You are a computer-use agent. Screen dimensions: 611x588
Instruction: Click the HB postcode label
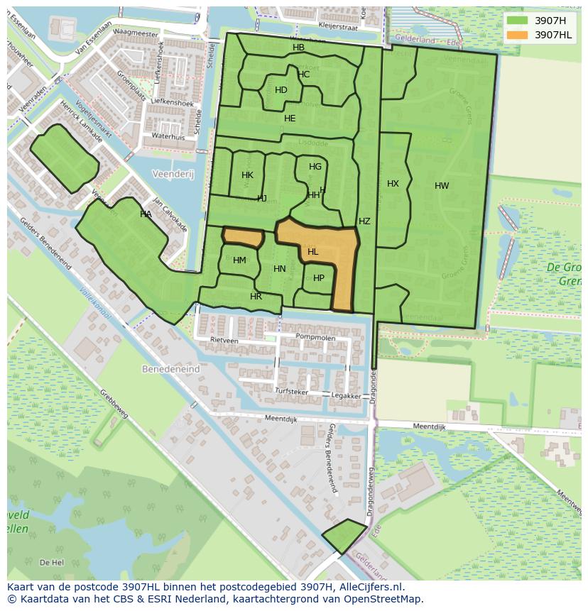(298, 48)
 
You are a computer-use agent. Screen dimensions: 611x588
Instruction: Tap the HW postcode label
(442, 186)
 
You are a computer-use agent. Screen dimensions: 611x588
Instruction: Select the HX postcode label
(393, 184)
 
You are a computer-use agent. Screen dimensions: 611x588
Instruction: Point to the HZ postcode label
(364, 221)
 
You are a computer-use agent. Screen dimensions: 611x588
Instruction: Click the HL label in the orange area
(312, 252)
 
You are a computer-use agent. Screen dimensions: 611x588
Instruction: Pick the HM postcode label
(239, 260)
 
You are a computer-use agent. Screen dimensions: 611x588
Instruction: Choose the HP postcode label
(319, 278)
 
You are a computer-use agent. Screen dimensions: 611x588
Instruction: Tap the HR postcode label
(256, 297)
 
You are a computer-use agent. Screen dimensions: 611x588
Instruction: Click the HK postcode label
(247, 175)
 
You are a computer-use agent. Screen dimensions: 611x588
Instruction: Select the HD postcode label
(281, 90)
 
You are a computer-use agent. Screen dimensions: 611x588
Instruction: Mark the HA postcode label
(146, 214)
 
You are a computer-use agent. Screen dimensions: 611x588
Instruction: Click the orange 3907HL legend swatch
(518, 35)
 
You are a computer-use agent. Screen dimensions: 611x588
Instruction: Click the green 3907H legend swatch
(518, 21)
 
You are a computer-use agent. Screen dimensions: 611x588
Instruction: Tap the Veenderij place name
(173, 174)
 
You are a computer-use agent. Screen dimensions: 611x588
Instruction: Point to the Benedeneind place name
(171, 370)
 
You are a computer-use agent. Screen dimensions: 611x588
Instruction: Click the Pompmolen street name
(315, 338)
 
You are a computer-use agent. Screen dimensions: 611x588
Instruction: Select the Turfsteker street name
(291, 391)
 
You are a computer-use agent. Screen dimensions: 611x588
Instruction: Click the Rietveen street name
(224, 341)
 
